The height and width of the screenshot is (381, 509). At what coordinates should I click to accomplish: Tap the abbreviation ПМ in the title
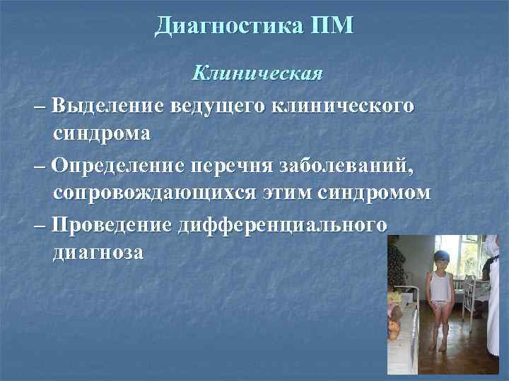[x=331, y=26]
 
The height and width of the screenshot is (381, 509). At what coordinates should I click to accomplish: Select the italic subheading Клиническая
[x=258, y=73]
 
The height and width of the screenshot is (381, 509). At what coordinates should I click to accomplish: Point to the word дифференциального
[x=282, y=226]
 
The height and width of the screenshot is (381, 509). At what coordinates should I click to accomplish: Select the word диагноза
[x=98, y=252]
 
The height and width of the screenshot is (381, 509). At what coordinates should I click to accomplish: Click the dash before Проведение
[x=37, y=226]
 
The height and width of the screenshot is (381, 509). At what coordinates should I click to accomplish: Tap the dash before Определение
[x=37, y=167]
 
